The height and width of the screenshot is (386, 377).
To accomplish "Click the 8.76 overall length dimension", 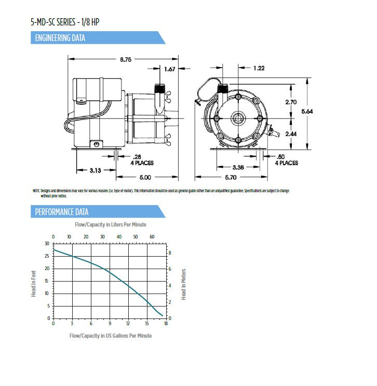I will click(x=126, y=60).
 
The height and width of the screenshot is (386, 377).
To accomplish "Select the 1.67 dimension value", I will click(x=169, y=69).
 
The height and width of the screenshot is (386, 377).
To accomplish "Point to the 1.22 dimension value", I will click(x=260, y=68).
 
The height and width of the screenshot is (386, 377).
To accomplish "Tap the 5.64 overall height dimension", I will click(x=321, y=111).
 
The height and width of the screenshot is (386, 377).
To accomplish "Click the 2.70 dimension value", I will click(x=291, y=102).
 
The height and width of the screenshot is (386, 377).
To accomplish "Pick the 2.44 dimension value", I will click(x=291, y=134).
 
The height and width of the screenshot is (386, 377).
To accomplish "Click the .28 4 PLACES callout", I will click(x=141, y=159).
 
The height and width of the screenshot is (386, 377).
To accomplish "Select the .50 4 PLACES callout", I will click(x=286, y=159).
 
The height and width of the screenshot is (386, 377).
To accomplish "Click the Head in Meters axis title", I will click(x=183, y=284).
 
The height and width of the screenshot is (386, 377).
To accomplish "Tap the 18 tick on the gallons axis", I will click(x=166, y=324).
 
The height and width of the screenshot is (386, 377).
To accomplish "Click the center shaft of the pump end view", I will click(x=238, y=118).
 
